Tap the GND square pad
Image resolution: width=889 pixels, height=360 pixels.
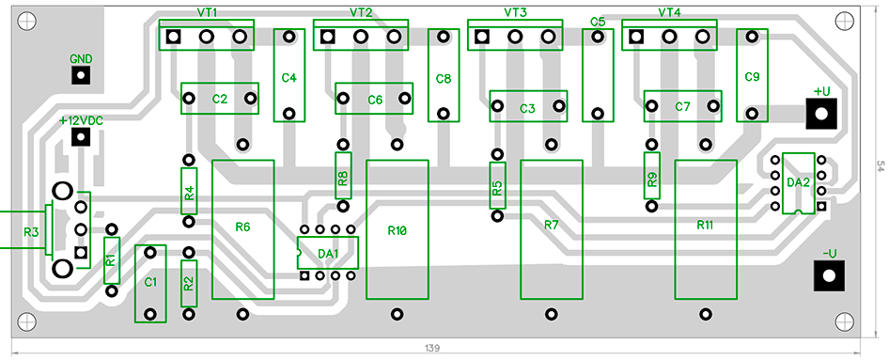[x=81, y=75]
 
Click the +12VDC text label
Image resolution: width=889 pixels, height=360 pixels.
[x=80, y=120]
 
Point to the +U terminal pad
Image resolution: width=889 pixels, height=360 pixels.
[x=822, y=113]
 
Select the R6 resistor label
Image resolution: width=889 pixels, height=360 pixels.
[x=242, y=227]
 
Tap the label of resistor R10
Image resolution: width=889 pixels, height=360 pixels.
[x=397, y=230]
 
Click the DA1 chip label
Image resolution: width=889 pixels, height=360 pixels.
[x=327, y=253]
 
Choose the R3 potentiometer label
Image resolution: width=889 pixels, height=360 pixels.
[x=31, y=230]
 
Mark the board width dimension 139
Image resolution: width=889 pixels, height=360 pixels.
[x=431, y=349]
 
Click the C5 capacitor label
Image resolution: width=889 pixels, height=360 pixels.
[x=598, y=22]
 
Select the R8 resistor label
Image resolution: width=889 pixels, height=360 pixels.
[x=343, y=176]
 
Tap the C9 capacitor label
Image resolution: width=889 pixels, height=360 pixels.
[x=751, y=76]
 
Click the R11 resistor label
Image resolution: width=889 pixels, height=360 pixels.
[x=705, y=226]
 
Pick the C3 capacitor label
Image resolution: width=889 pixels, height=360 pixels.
[x=527, y=108]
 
